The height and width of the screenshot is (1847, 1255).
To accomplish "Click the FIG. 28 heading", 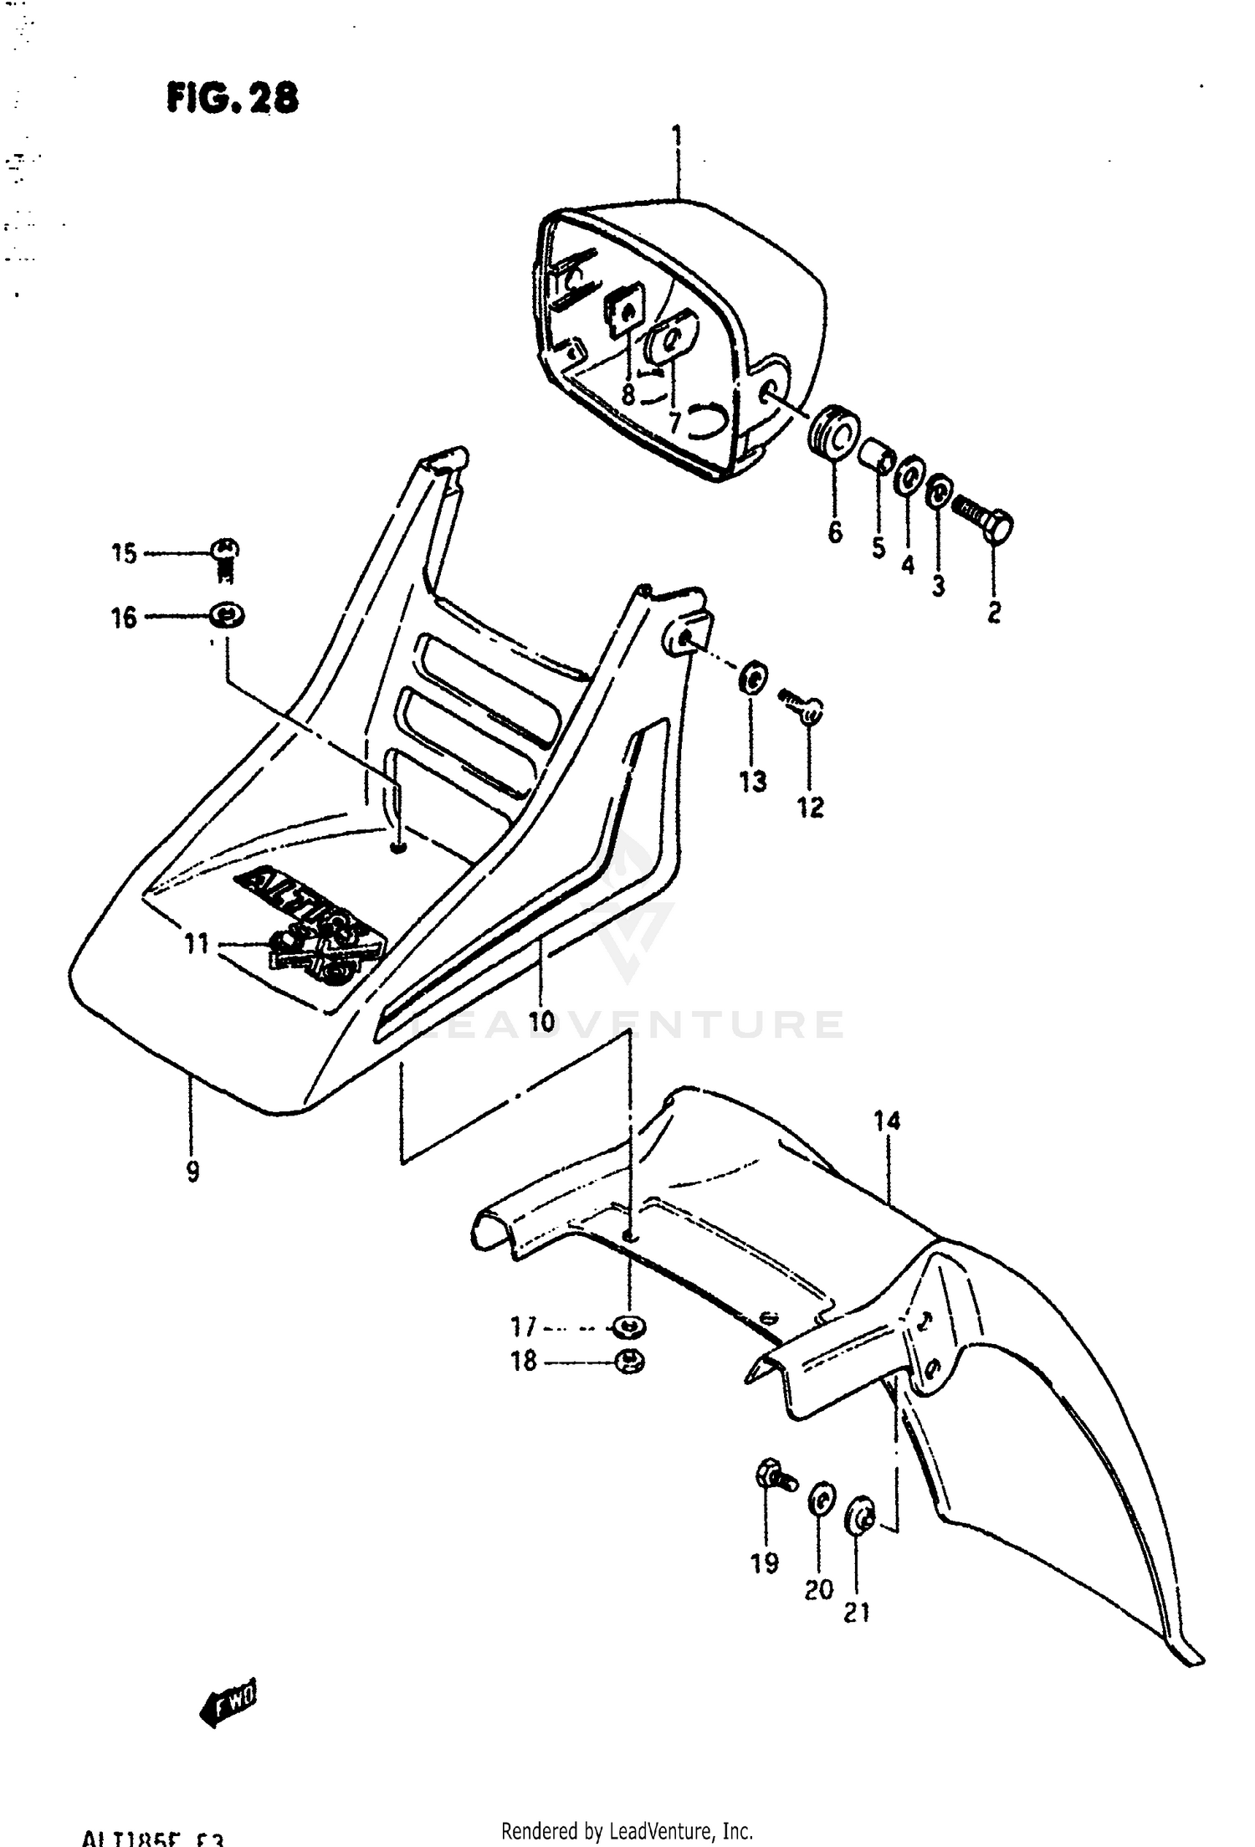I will [x=232, y=99].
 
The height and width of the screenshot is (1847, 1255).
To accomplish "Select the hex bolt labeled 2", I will [x=987, y=518].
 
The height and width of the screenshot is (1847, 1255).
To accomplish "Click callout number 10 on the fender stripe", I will [x=541, y=1021].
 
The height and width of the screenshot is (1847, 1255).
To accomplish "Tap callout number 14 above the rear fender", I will [x=887, y=1120].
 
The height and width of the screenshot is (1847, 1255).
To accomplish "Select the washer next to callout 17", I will [x=627, y=1326].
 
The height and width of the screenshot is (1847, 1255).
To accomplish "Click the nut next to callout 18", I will [x=628, y=1362].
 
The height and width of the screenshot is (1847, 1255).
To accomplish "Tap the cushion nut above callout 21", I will [x=861, y=1513].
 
